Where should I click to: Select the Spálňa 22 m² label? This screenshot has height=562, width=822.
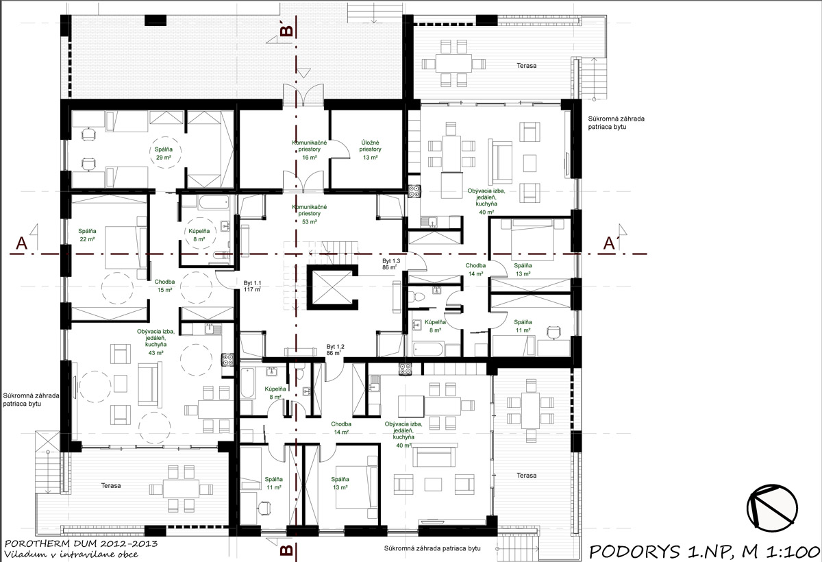87,234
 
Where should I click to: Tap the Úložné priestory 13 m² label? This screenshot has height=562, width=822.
371,149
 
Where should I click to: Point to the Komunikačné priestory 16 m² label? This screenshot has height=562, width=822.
310,149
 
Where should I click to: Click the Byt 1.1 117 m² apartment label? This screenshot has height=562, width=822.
253,286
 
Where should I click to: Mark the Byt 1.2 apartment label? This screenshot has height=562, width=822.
335,350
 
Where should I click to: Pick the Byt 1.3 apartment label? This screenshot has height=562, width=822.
390,265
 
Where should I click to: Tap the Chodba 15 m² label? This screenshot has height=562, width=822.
164,286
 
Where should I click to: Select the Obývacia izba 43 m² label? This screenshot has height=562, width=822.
156,342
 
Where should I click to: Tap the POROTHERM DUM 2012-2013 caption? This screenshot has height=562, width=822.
81,543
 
